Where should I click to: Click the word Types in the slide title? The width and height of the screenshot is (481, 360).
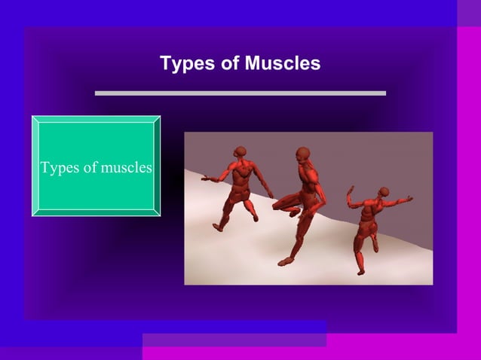click(x=182, y=64)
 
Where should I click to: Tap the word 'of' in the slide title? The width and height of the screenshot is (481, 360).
click(x=228, y=63)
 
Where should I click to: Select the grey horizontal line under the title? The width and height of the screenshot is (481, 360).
click(x=240, y=93)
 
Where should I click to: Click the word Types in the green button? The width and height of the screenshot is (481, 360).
click(x=60, y=167)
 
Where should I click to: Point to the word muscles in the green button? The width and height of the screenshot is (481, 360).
click(x=127, y=167)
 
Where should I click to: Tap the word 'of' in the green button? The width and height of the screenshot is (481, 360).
click(x=90, y=167)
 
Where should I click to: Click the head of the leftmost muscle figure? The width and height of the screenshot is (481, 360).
click(x=240, y=151)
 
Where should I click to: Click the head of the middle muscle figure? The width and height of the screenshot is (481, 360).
click(x=302, y=154)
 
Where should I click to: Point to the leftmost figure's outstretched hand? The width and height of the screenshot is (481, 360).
click(x=206, y=179)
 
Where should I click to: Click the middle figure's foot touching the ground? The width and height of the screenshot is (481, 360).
click(x=285, y=261)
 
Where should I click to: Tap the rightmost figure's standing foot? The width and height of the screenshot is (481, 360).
click(x=360, y=270)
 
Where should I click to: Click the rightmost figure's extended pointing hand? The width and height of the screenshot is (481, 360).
click(x=409, y=199)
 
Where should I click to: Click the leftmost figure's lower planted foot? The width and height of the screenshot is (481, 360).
click(x=219, y=226)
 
